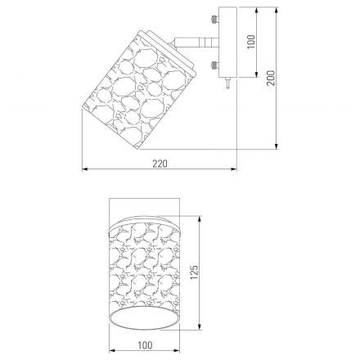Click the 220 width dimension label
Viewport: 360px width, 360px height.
click(160, 164)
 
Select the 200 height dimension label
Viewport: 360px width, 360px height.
click(271, 78)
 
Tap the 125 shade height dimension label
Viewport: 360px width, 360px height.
click(194, 272)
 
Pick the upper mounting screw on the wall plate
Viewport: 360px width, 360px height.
click(214, 19)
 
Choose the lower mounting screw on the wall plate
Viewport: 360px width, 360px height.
click(214, 65)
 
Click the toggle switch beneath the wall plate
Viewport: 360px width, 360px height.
click(227, 83)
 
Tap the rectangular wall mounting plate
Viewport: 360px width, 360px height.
click(227, 43)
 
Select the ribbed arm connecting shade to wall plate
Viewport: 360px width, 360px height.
click(196, 43)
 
